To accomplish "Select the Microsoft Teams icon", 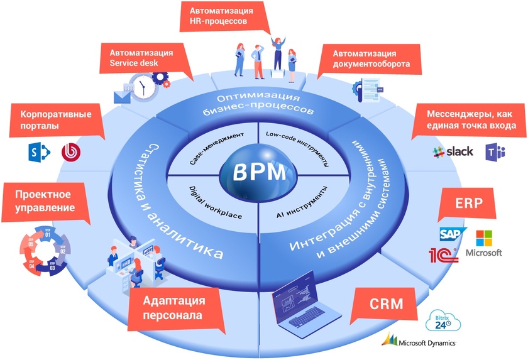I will point(494,152).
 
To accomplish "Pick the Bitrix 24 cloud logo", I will point(443,322).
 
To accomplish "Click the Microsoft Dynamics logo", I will point(419,342).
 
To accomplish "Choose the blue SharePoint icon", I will point(37,151).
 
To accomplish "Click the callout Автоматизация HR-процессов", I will point(226,16).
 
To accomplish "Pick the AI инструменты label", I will point(302,202).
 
